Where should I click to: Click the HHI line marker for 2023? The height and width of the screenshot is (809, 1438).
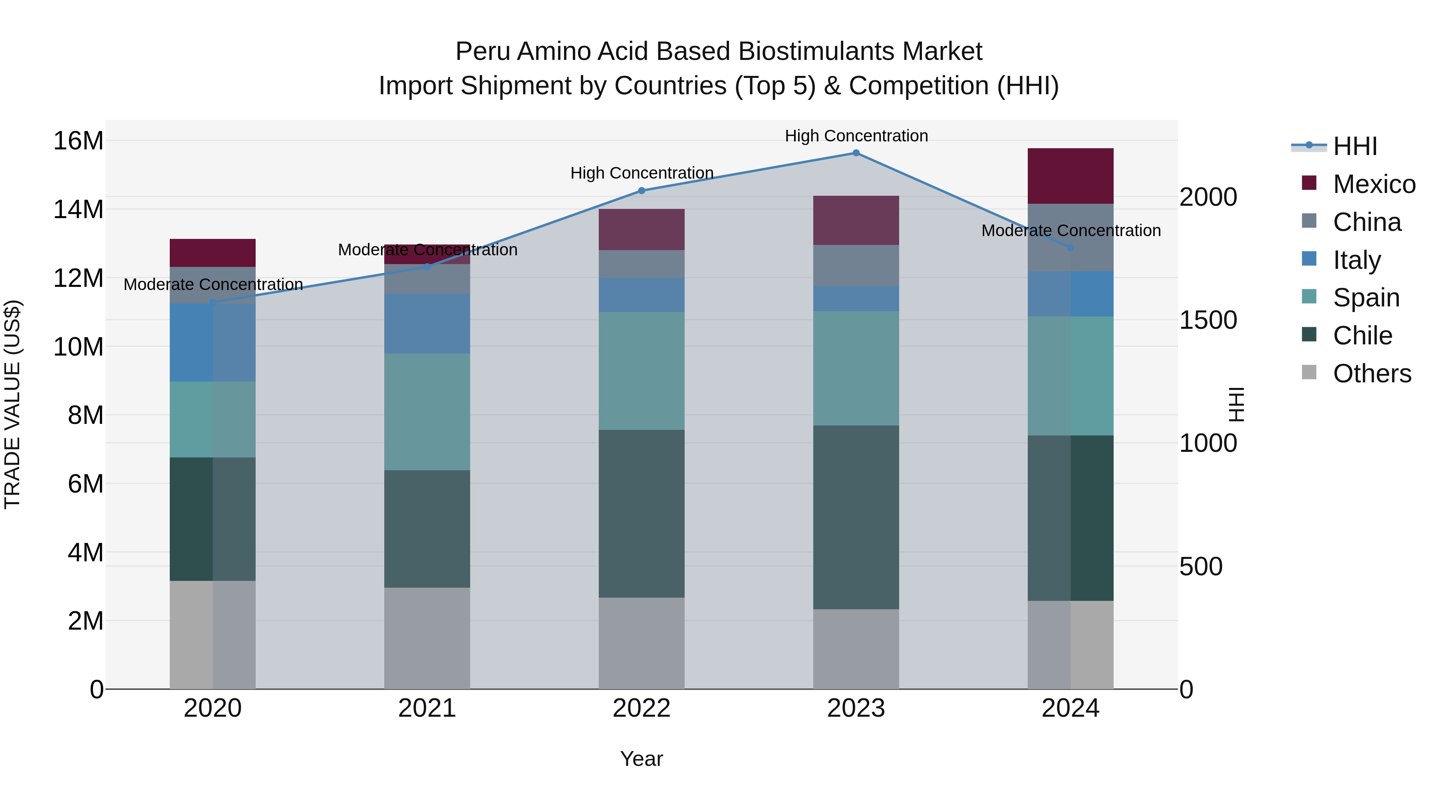(x=856, y=153)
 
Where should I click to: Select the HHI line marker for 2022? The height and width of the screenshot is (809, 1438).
(x=642, y=191)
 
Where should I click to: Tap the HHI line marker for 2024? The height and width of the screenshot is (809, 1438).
(x=1070, y=247)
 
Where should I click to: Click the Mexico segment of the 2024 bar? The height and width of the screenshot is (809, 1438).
(x=1070, y=176)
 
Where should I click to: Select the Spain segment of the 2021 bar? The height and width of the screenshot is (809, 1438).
(x=427, y=411)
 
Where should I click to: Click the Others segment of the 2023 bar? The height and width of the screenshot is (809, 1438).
(x=856, y=648)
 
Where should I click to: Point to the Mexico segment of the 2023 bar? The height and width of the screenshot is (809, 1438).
(x=856, y=220)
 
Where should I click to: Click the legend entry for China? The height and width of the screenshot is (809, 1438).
(x=1366, y=222)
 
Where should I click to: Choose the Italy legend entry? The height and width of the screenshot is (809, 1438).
(x=1357, y=260)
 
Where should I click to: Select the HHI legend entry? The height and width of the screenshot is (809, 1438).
(x=1355, y=146)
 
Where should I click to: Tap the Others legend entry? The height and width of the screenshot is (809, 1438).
(x=1372, y=374)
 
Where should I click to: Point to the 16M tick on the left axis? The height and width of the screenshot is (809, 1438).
(x=78, y=141)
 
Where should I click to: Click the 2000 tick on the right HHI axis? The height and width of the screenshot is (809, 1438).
(x=1208, y=197)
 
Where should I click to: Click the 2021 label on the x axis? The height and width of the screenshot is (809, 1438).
(x=427, y=708)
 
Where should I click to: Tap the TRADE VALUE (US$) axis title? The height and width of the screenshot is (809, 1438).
(x=12, y=404)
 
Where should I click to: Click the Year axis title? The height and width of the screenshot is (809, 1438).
(x=642, y=759)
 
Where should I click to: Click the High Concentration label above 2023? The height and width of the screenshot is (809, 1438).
(x=856, y=136)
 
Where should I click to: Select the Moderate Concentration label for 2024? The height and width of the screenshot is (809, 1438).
(x=1070, y=231)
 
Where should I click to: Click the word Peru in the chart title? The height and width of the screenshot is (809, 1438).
(x=483, y=52)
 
